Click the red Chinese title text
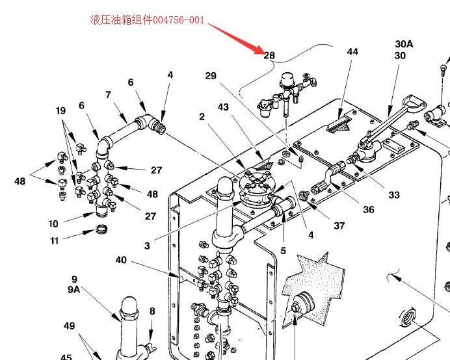click(x=148, y=19)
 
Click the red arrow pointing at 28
click(x=238, y=36)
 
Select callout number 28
click(x=269, y=55)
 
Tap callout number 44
click(x=352, y=51)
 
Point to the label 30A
click(x=404, y=44)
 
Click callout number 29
click(x=210, y=76)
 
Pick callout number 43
click(x=223, y=106)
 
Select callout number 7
click(x=108, y=96)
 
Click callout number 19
click(x=60, y=111)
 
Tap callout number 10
click(x=53, y=224)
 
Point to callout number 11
click(x=54, y=241)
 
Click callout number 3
click(x=147, y=246)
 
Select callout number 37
click(x=339, y=226)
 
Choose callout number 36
click(x=369, y=209)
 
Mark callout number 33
click(x=394, y=194)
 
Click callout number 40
click(x=121, y=261)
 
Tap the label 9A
click(x=74, y=290)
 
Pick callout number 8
click(x=152, y=311)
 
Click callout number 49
click(x=70, y=326)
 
